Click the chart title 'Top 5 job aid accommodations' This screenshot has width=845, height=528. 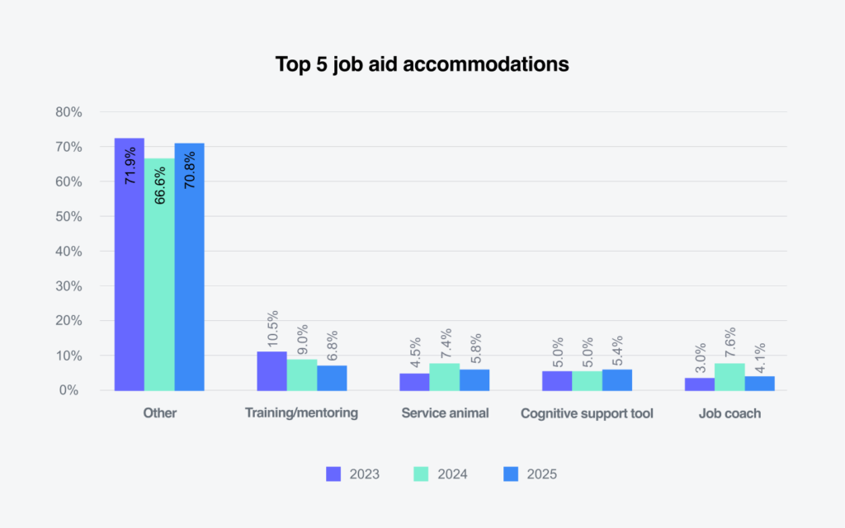pyautogui.click(x=422, y=64)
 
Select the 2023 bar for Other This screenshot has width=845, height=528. pyautogui.click(x=130, y=264)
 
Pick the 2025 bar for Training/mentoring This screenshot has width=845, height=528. pyautogui.click(x=332, y=378)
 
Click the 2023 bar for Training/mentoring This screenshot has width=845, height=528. pyautogui.click(x=271, y=370)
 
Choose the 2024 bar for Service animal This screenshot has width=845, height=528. pyautogui.click(x=444, y=376)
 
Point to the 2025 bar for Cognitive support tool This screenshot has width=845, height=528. pyautogui.click(x=616, y=379)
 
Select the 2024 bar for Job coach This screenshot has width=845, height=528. pyautogui.click(x=729, y=376)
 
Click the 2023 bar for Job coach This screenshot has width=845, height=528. pyautogui.click(x=700, y=384)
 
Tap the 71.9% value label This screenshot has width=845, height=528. pyautogui.click(x=130, y=167)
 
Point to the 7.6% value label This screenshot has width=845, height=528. pyautogui.click(x=729, y=342)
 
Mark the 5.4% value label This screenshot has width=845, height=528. pyautogui.click(x=617, y=351)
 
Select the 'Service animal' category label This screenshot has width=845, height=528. pyautogui.click(x=444, y=413)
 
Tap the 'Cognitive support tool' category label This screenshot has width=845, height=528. pyautogui.click(x=587, y=413)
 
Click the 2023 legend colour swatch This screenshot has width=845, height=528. pyautogui.click(x=333, y=474)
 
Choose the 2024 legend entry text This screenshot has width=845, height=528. pyautogui.click(x=453, y=474)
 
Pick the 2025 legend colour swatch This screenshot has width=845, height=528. pyautogui.click(x=511, y=474)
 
